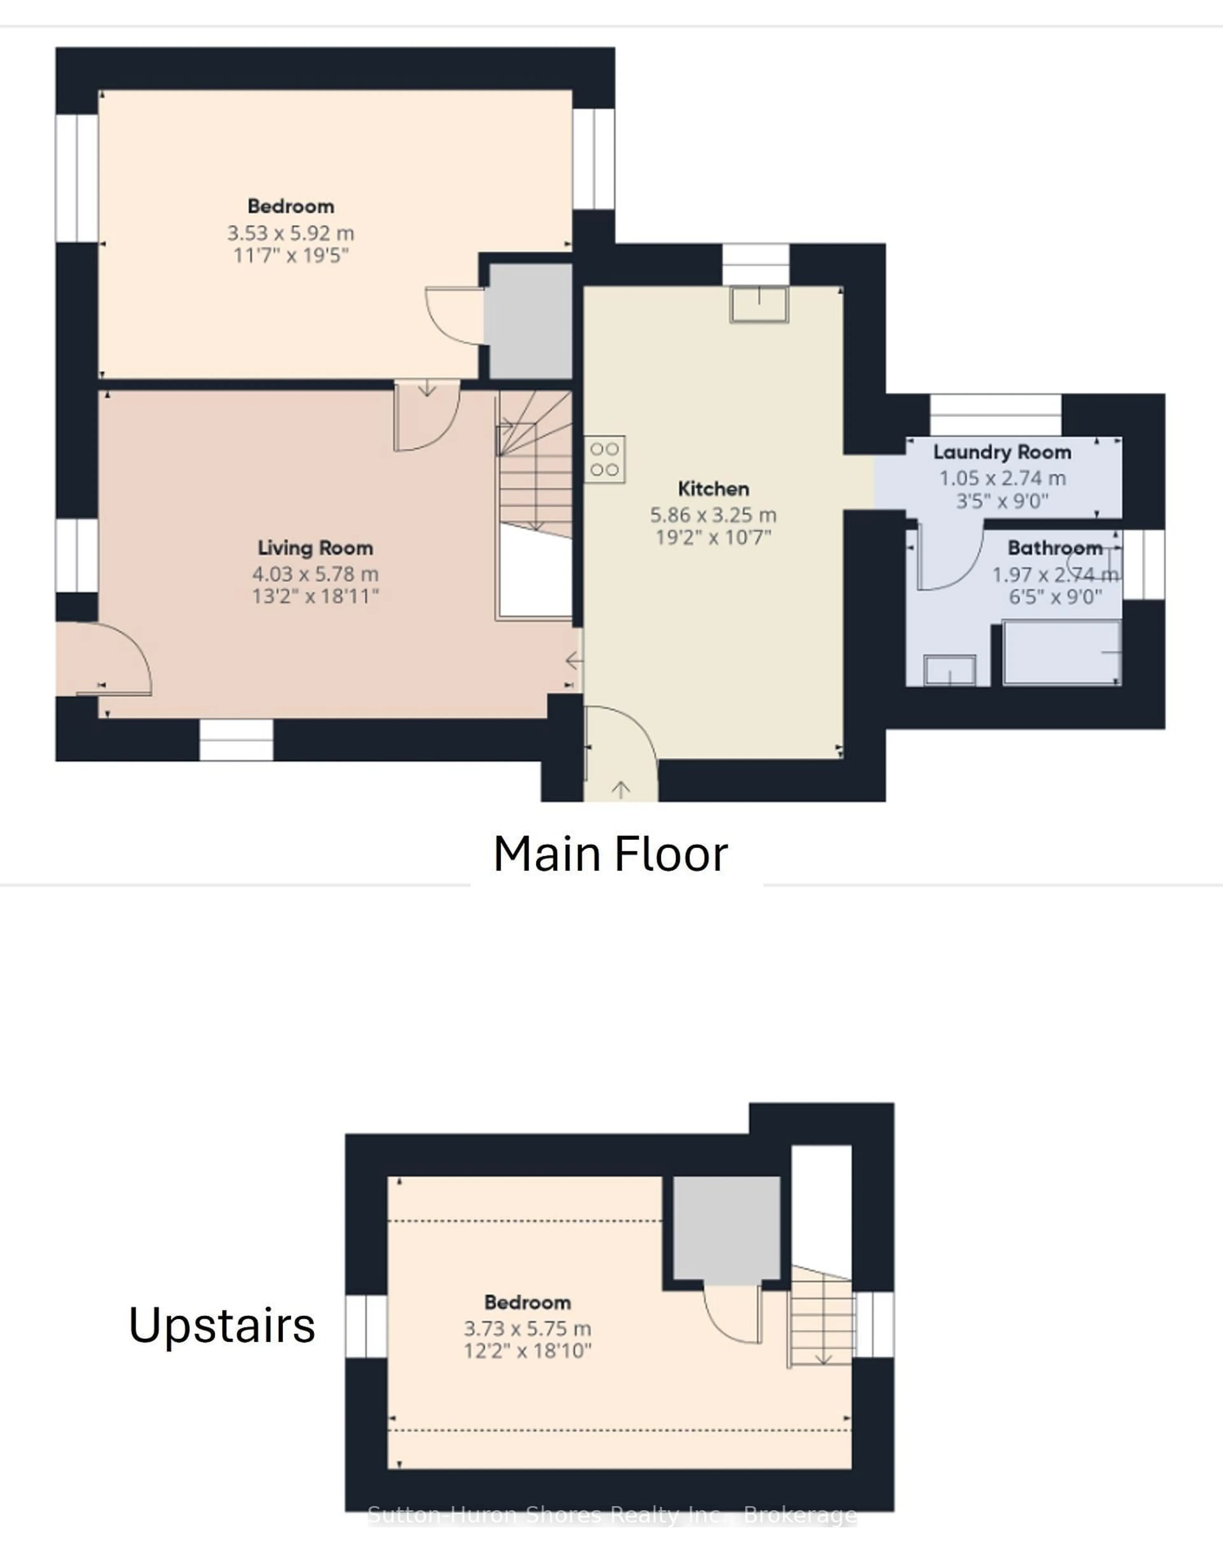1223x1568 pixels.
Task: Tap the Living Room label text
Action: coord(315,548)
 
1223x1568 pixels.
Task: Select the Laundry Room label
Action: coord(1002,452)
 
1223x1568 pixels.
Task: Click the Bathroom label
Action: coord(1054,548)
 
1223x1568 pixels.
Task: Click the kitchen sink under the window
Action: coord(759,304)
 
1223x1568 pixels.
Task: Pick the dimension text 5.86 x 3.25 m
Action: coord(713,515)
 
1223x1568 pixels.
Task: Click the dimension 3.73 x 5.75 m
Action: coord(527,1329)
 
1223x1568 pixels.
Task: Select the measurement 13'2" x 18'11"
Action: coord(315,596)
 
